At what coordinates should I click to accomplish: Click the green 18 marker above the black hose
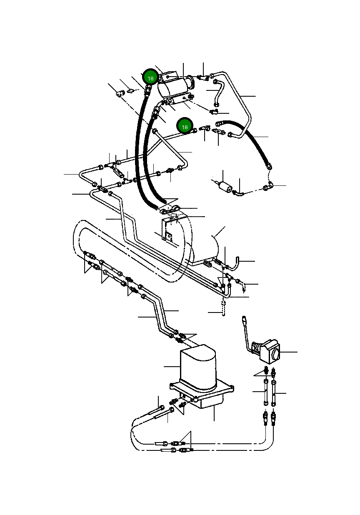point(150,78)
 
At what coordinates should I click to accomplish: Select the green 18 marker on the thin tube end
point(185,126)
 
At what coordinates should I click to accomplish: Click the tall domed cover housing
point(197,367)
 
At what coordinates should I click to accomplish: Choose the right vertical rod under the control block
point(274,393)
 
